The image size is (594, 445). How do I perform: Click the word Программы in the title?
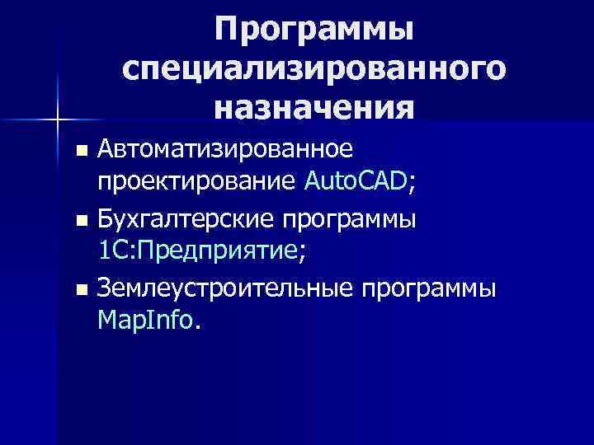click(313, 30)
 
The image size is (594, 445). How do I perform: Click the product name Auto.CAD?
click(355, 180)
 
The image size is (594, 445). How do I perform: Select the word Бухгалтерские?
click(185, 220)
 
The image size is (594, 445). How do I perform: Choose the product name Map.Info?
click(144, 319)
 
